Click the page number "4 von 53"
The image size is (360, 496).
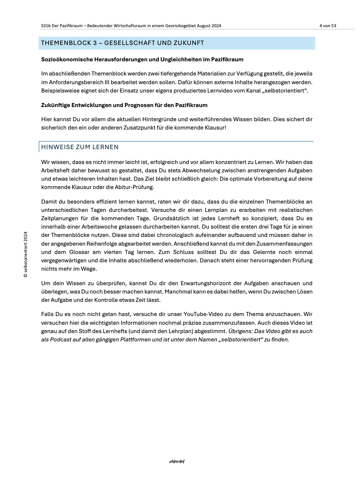327,26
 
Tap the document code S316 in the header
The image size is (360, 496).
46,26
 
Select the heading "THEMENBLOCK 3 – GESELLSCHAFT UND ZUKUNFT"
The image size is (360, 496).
123,43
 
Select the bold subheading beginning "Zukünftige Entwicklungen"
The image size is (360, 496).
124,105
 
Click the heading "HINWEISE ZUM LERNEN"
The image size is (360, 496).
80,147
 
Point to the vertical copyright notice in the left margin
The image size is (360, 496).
25,255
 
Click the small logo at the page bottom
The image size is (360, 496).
177,462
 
